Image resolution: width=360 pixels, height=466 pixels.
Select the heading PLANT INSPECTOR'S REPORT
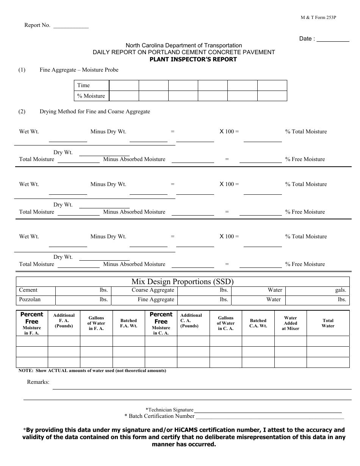[193, 59]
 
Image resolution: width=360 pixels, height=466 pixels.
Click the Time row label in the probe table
[83, 85]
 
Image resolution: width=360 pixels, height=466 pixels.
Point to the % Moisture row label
[91, 96]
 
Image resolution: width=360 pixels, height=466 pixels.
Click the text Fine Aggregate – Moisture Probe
[79, 70]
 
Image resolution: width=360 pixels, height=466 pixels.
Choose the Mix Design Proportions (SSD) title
[182, 281]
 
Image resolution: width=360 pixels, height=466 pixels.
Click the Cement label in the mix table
[28, 290]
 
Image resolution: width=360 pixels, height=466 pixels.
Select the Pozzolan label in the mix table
[30, 299]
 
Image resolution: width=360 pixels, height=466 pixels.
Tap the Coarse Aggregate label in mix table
[153, 290]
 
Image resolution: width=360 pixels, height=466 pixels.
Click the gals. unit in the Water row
[340, 290]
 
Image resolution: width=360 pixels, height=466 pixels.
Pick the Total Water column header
[328, 323]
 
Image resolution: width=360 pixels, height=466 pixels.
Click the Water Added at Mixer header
[290, 323]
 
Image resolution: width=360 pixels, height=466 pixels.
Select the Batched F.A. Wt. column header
[128, 323]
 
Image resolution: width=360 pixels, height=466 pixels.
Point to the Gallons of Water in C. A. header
[225, 323]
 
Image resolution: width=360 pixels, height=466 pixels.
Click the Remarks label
[38, 382]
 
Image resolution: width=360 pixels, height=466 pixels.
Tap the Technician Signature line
[268, 411]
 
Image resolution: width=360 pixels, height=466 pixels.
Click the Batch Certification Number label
[159, 416]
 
